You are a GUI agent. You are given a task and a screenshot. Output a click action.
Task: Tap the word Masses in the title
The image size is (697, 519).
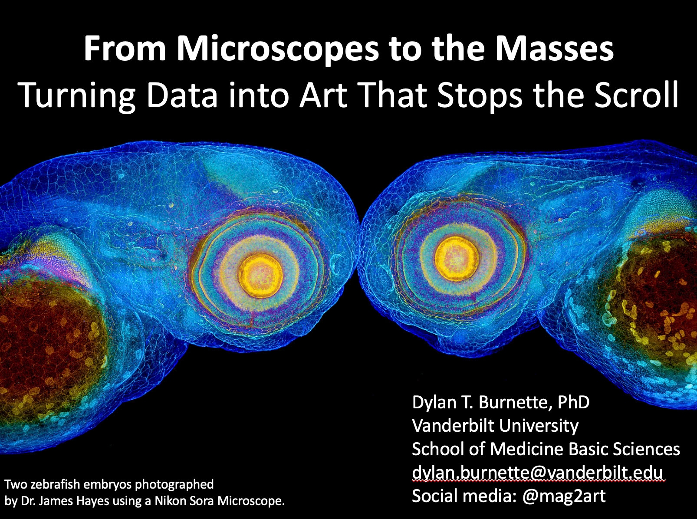[x=555, y=49]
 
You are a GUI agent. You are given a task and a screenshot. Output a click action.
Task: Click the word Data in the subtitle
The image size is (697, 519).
[x=182, y=94]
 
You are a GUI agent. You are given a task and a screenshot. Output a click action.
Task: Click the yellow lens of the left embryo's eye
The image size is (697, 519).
[x=260, y=276]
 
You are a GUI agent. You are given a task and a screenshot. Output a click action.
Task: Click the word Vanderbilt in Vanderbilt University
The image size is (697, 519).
[x=453, y=426]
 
